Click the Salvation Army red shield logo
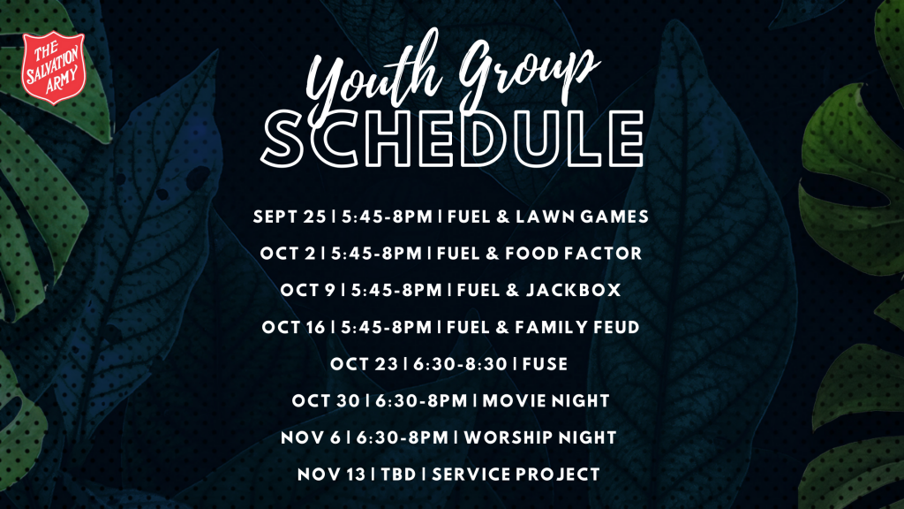[x=54, y=67]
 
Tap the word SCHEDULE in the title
[x=453, y=139]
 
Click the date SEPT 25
[x=290, y=217]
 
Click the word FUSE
[x=546, y=364]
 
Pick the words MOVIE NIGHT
[x=546, y=400]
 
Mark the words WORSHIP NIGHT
[x=540, y=437]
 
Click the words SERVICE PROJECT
[x=516, y=475]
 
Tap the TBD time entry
[x=398, y=475]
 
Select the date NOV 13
[x=332, y=475]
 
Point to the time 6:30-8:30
[x=460, y=364]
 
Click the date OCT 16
[x=293, y=327]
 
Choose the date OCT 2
[x=288, y=254]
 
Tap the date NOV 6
[x=311, y=437]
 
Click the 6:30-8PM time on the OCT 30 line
[x=421, y=400]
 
